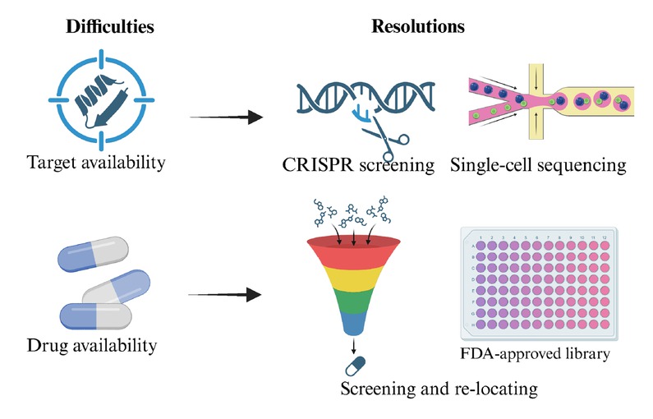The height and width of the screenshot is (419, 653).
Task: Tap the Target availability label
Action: (x=96, y=162)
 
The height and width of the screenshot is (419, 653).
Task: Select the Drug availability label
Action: (x=91, y=345)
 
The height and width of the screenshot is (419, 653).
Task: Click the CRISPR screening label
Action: (x=356, y=166)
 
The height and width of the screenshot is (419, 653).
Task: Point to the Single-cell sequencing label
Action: (x=539, y=166)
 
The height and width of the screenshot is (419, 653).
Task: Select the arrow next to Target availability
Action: (x=227, y=117)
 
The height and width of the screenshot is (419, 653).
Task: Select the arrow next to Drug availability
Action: (x=227, y=293)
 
